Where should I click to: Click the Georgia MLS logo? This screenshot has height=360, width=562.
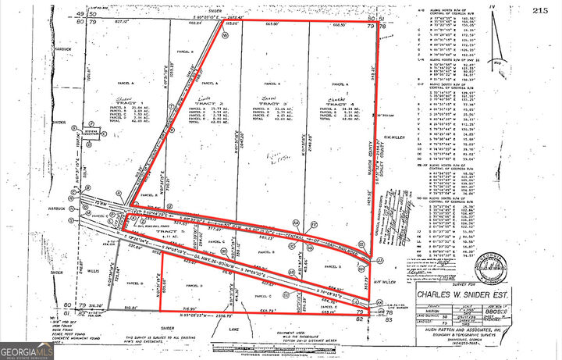click(27, 349)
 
